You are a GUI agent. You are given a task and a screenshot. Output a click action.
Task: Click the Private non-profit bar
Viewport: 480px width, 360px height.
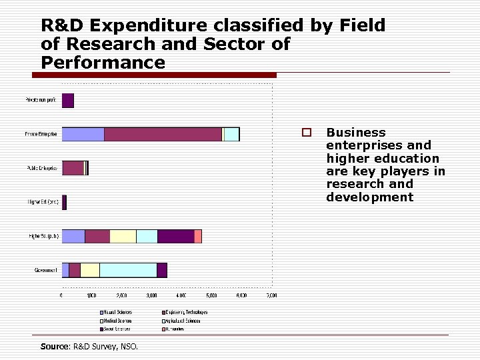point(68,101)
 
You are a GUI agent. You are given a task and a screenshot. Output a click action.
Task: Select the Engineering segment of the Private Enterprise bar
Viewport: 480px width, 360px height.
point(163,134)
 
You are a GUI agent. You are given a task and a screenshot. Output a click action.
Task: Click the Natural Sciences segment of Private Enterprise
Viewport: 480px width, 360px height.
point(83,134)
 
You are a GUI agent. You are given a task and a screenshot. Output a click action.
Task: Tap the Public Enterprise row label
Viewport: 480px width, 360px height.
point(41,168)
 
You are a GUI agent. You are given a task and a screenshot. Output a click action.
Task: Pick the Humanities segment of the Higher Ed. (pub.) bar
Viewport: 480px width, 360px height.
point(198,236)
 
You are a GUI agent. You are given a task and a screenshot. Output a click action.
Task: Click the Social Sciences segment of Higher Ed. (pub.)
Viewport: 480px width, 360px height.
point(175,236)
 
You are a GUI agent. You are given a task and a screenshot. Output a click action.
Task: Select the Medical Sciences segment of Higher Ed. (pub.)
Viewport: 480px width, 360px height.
point(123,236)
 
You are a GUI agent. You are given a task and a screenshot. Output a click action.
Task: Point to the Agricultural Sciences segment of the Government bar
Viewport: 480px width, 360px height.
point(128,270)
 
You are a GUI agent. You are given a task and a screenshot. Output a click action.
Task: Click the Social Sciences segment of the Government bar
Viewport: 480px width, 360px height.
point(162,270)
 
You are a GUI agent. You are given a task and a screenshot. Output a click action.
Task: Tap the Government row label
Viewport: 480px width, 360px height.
point(45,270)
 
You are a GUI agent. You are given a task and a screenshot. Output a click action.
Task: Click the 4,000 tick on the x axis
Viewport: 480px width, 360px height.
point(181,295)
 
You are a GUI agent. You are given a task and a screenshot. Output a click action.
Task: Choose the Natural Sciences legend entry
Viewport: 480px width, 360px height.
point(117,312)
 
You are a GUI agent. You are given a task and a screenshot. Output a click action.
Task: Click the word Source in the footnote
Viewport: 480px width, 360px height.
point(54,346)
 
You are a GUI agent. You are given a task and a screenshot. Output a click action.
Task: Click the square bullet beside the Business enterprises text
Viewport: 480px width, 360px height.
point(306,133)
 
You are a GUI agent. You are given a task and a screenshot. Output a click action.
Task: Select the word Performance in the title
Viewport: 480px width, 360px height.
point(103,63)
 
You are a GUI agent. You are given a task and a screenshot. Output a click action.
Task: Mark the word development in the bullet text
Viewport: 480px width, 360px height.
point(369,197)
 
